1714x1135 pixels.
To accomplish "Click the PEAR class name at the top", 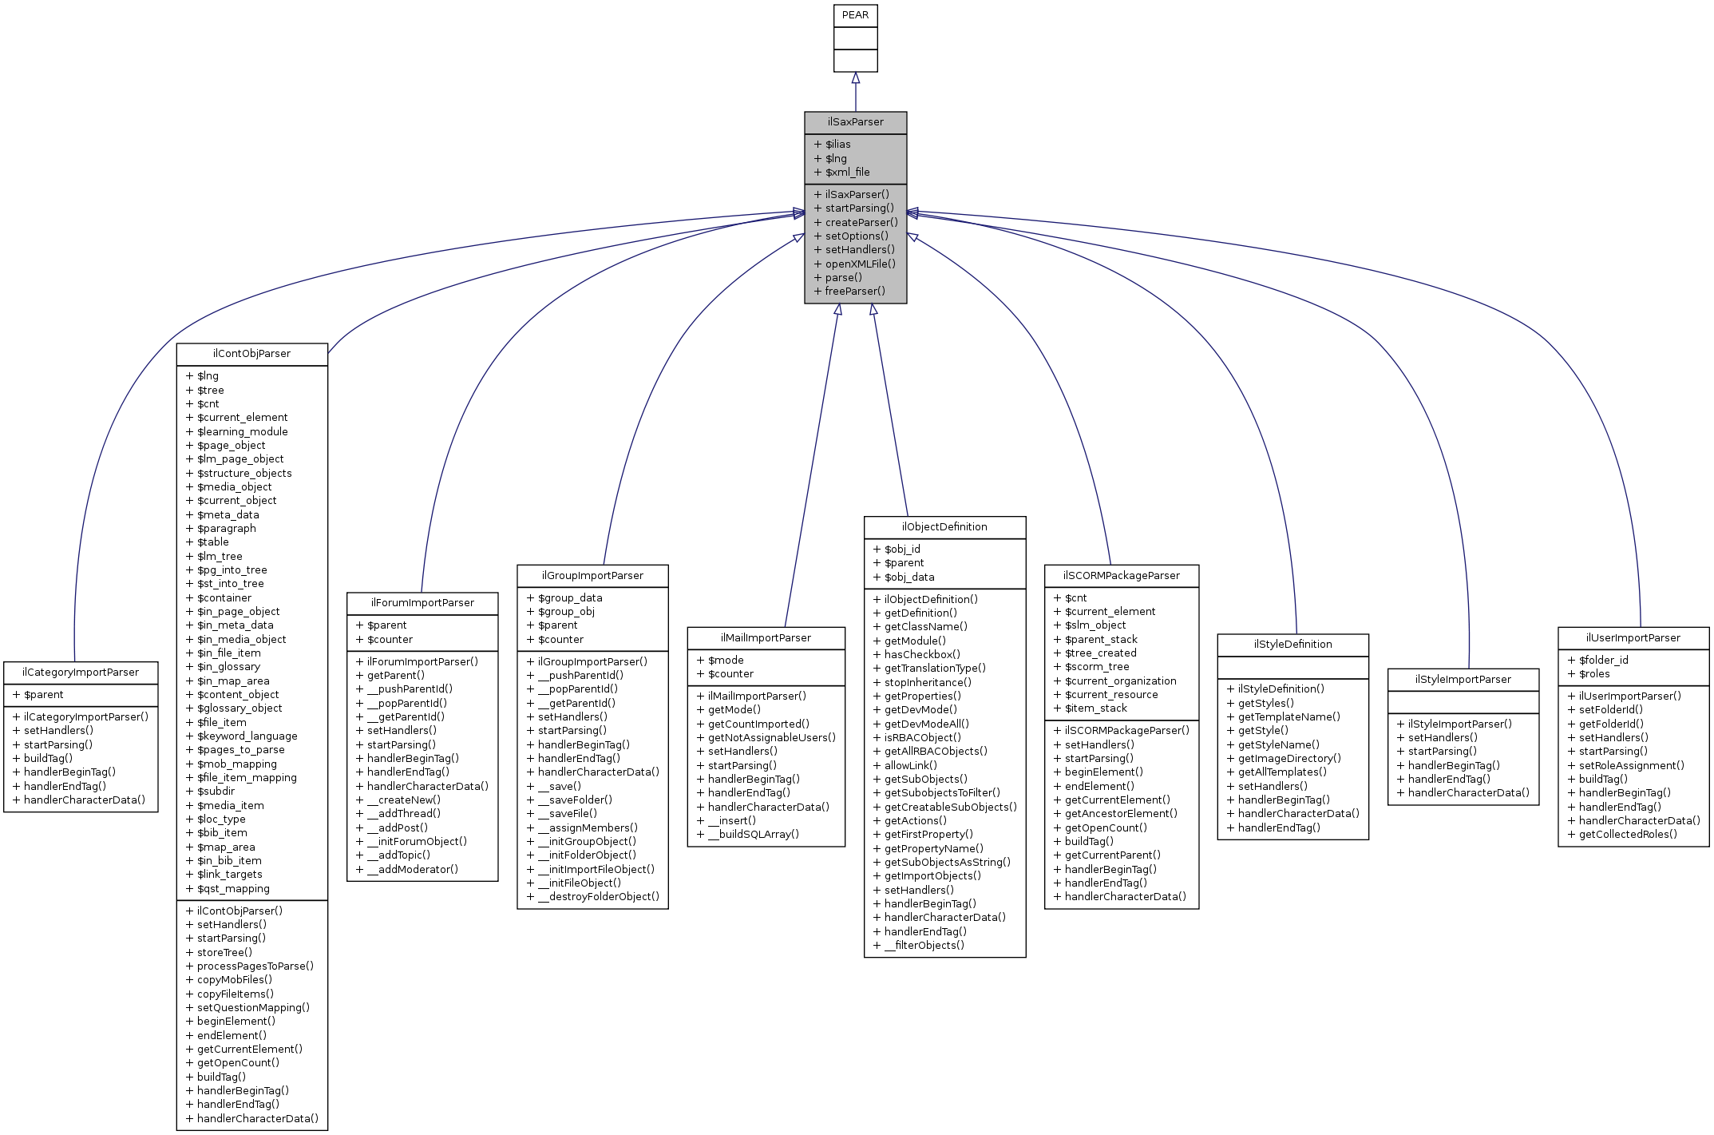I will (855, 15).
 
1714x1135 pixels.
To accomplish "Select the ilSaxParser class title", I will (855, 122).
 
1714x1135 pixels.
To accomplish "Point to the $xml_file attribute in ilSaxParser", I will (847, 173).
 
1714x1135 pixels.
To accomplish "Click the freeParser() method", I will (854, 292).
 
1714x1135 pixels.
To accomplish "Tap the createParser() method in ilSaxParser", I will (861, 223).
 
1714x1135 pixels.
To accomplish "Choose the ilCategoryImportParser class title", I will (81, 673).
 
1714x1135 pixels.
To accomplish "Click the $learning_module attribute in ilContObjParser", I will (242, 432).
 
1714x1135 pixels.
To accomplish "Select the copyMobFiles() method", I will (234, 980).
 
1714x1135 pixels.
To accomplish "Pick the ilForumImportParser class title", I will (422, 603).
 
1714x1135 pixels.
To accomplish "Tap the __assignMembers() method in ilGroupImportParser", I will (587, 828).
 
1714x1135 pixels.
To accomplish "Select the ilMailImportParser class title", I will (766, 638).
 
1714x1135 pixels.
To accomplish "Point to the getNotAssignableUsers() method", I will (771, 738).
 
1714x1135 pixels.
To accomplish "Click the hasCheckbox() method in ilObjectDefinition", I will (922, 654).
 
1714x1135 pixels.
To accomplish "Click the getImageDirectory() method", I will (1288, 759).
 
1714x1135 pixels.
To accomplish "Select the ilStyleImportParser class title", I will (1463, 680).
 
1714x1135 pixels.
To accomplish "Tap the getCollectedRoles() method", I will (1627, 835).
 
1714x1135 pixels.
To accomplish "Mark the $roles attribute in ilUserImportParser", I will (1593, 674).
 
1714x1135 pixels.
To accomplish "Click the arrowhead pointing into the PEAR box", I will (855, 78).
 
